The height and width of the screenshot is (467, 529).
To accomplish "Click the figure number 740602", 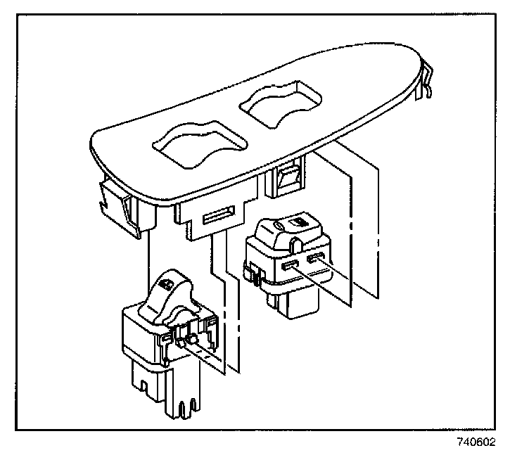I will [x=476, y=443].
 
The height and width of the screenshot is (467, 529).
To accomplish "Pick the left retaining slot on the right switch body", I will [x=288, y=264].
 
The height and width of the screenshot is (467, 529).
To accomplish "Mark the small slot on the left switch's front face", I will [x=163, y=338].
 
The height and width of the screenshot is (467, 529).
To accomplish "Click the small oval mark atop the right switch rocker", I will [x=277, y=224].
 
